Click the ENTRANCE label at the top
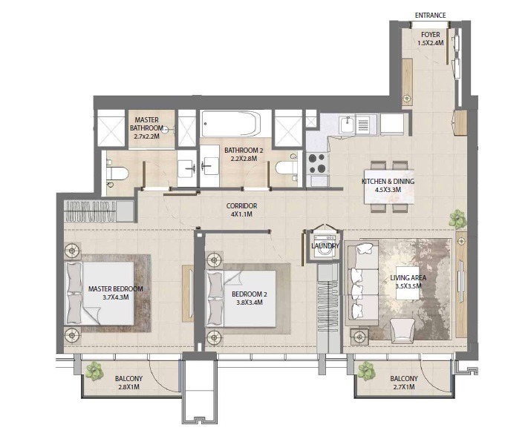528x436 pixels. (430, 16)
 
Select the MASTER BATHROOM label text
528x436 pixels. (146, 126)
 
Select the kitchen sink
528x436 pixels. (347, 125)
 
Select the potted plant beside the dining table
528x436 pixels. (457, 219)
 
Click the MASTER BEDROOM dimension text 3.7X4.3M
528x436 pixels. (115, 298)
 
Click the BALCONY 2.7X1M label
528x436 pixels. (403, 383)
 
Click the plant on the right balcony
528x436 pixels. (365, 368)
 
